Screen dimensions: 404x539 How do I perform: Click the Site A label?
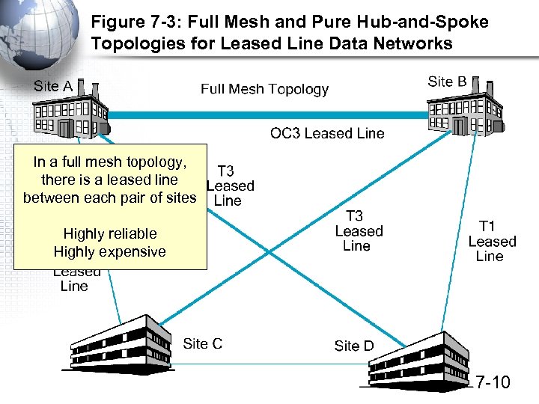tap(53, 86)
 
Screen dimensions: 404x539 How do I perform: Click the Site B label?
tap(447, 82)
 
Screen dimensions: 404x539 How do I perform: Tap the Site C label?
tap(202, 343)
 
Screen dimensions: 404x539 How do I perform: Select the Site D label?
tap(353, 346)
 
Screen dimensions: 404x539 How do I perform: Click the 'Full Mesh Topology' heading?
tap(264, 89)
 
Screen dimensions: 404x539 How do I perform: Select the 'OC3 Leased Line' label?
tap(327, 133)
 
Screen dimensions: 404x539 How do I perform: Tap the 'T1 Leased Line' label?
tap(492, 241)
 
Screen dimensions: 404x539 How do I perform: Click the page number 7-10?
tap(492, 383)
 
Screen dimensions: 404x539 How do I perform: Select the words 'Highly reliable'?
tap(110, 233)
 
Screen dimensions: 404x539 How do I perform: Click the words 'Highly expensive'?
tap(110, 251)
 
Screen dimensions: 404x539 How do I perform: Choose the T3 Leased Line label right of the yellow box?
tap(230, 186)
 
